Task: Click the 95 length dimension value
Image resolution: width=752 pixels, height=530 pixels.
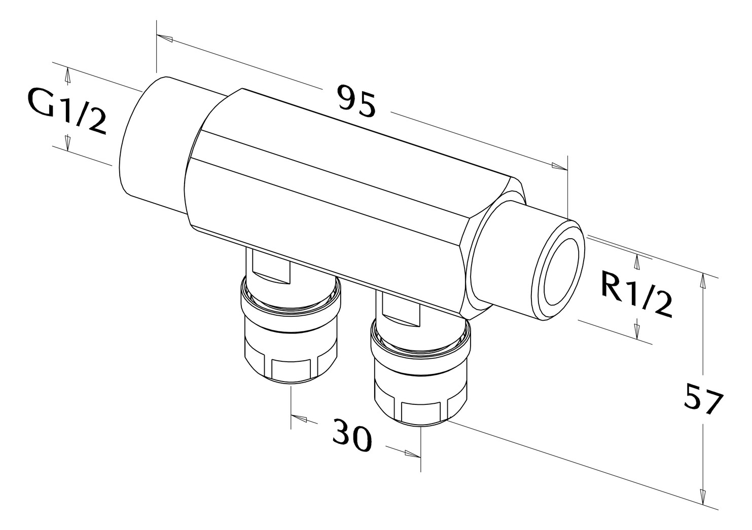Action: click(356, 101)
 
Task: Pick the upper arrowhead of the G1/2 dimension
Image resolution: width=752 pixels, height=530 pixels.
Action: click(68, 76)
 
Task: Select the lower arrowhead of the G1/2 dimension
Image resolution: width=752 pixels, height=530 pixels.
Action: click(68, 143)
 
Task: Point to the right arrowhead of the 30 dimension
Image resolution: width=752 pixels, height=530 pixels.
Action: click(413, 454)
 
